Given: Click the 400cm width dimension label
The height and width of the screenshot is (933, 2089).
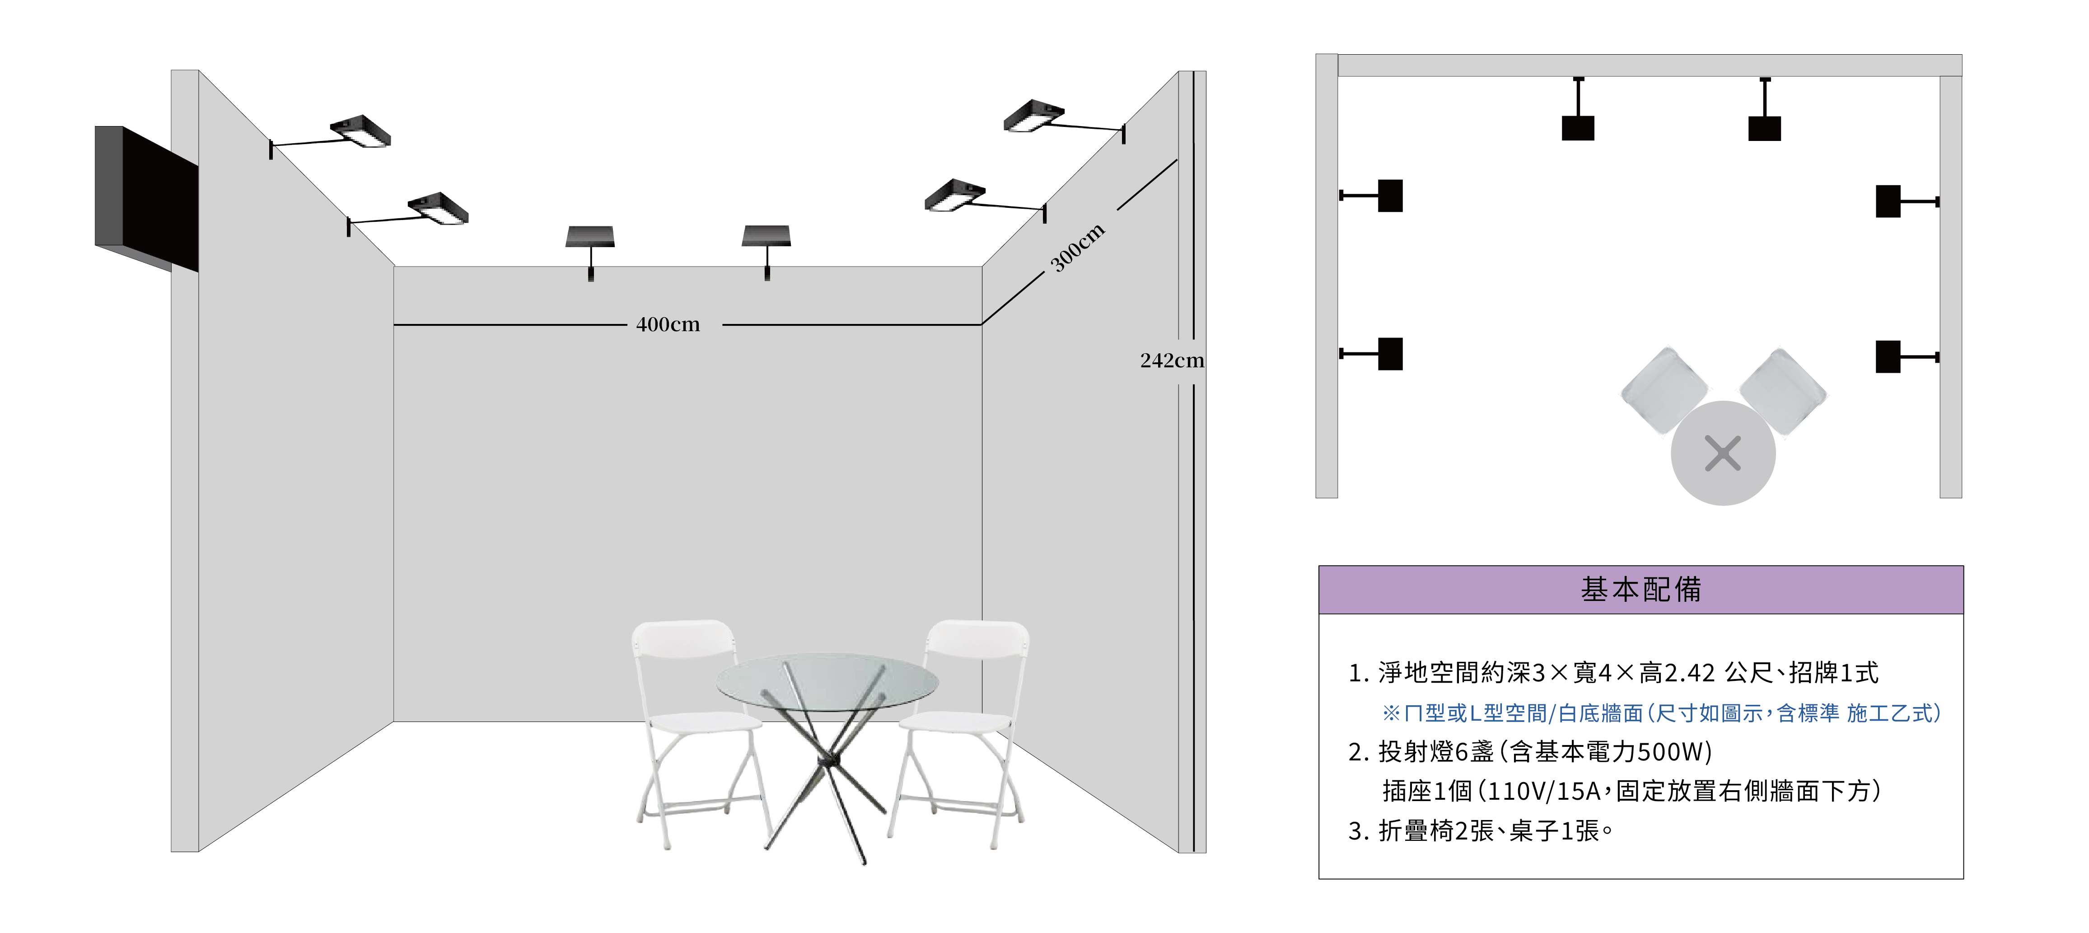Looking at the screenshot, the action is [x=668, y=324].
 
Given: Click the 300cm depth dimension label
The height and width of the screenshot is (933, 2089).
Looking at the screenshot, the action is [x=1078, y=248].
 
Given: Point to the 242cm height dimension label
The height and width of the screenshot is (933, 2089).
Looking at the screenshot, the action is [x=1172, y=360].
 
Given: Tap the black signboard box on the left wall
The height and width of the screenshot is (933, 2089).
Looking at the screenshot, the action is [x=147, y=199].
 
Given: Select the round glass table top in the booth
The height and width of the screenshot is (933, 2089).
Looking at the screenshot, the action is [x=827, y=685].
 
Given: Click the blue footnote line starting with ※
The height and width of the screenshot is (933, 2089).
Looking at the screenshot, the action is [x=1661, y=713].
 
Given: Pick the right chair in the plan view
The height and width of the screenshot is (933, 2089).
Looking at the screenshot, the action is [x=1782, y=392].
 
